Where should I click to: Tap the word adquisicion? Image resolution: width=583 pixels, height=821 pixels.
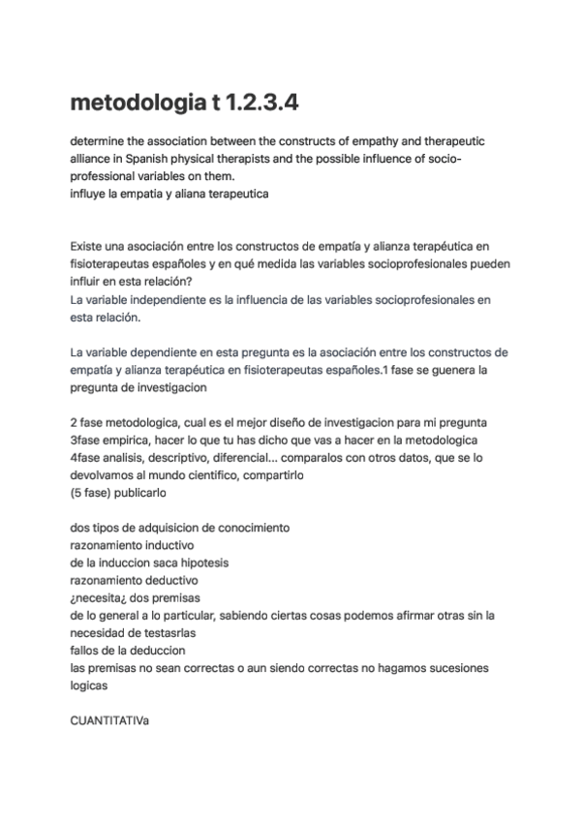(x=169, y=527)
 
